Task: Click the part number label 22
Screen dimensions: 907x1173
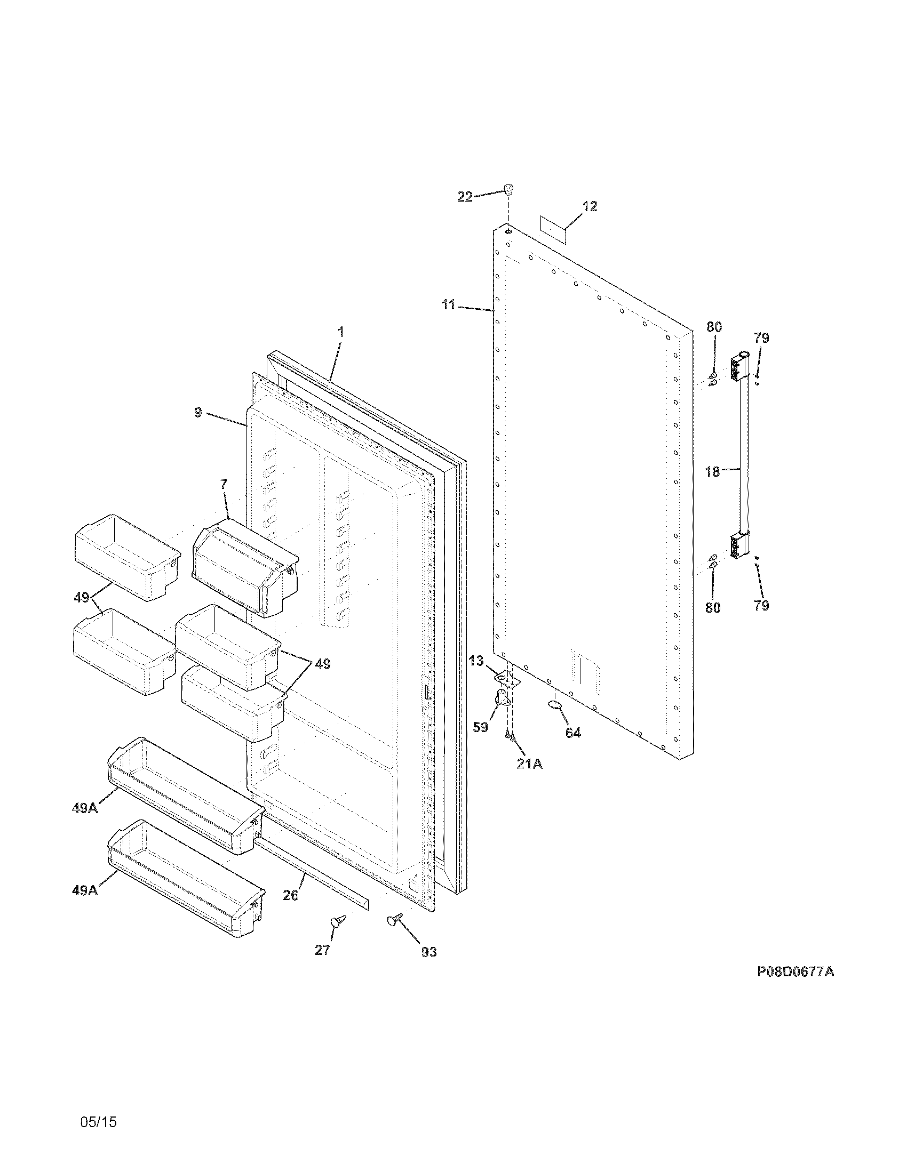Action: pyautogui.click(x=465, y=197)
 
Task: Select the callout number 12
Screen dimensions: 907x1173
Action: pyautogui.click(x=590, y=207)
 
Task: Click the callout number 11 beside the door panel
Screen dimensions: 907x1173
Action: pyautogui.click(x=449, y=305)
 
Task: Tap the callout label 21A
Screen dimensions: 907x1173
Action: pyautogui.click(x=529, y=764)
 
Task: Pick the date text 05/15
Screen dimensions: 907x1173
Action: pyautogui.click(x=98, y=1103)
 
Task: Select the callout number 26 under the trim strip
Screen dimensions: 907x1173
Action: pyautogui.click(x=291, y=895)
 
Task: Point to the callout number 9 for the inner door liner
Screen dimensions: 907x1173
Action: pyautogui.click(x=198, y=413)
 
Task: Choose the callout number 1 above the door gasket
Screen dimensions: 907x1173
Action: pyautogui.click(x=340, y=333)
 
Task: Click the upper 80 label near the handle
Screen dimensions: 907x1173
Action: pyautogui.click(x=713, y=326)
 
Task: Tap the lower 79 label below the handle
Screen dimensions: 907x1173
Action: pyautogui.click(x=761, y=606)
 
